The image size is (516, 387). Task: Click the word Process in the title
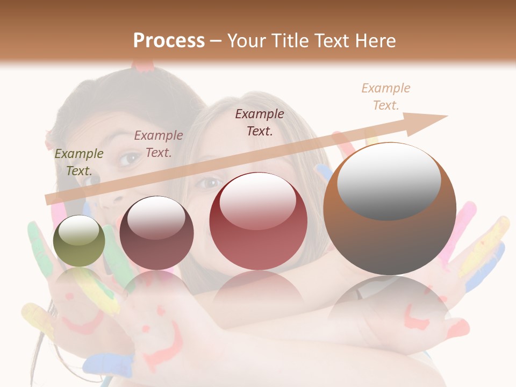[x=169, y=41]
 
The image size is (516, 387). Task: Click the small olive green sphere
[x=79, y=241]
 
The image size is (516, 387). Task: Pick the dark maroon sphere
[x=156, y=233]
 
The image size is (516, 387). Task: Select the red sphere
[x=258, y=221]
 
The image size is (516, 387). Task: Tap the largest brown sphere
[x=390, y=209]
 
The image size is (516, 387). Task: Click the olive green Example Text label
[x=78, y=162]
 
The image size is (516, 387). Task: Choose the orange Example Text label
[x=385, y=97]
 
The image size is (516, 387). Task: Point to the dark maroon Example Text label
[x=260, y=122]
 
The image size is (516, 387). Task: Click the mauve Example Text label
[x=158, y=144]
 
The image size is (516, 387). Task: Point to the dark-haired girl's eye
[x=129, y=159]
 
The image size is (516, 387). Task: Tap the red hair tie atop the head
[x=144, y=66]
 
